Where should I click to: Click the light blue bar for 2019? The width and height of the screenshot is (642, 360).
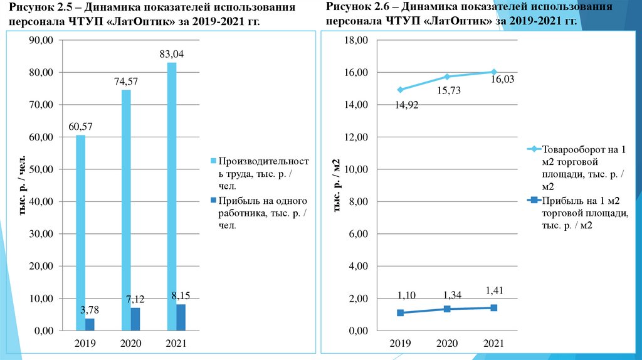80,232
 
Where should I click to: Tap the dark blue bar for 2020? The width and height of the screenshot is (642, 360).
135,319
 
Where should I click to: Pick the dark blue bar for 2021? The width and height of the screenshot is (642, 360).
181,317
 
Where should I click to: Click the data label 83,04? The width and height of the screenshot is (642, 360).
171,55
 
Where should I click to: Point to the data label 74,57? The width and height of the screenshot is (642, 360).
126,81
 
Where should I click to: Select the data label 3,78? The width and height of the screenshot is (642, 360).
89,309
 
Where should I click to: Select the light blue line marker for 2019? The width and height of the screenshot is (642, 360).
400,90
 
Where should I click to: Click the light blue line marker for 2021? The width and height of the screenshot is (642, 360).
493,72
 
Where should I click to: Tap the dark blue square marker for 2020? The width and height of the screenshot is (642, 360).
447,309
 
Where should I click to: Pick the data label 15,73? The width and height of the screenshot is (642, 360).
447,91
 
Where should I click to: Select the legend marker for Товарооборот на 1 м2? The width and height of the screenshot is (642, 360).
534,150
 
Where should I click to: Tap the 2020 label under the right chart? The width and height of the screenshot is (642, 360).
447,344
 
